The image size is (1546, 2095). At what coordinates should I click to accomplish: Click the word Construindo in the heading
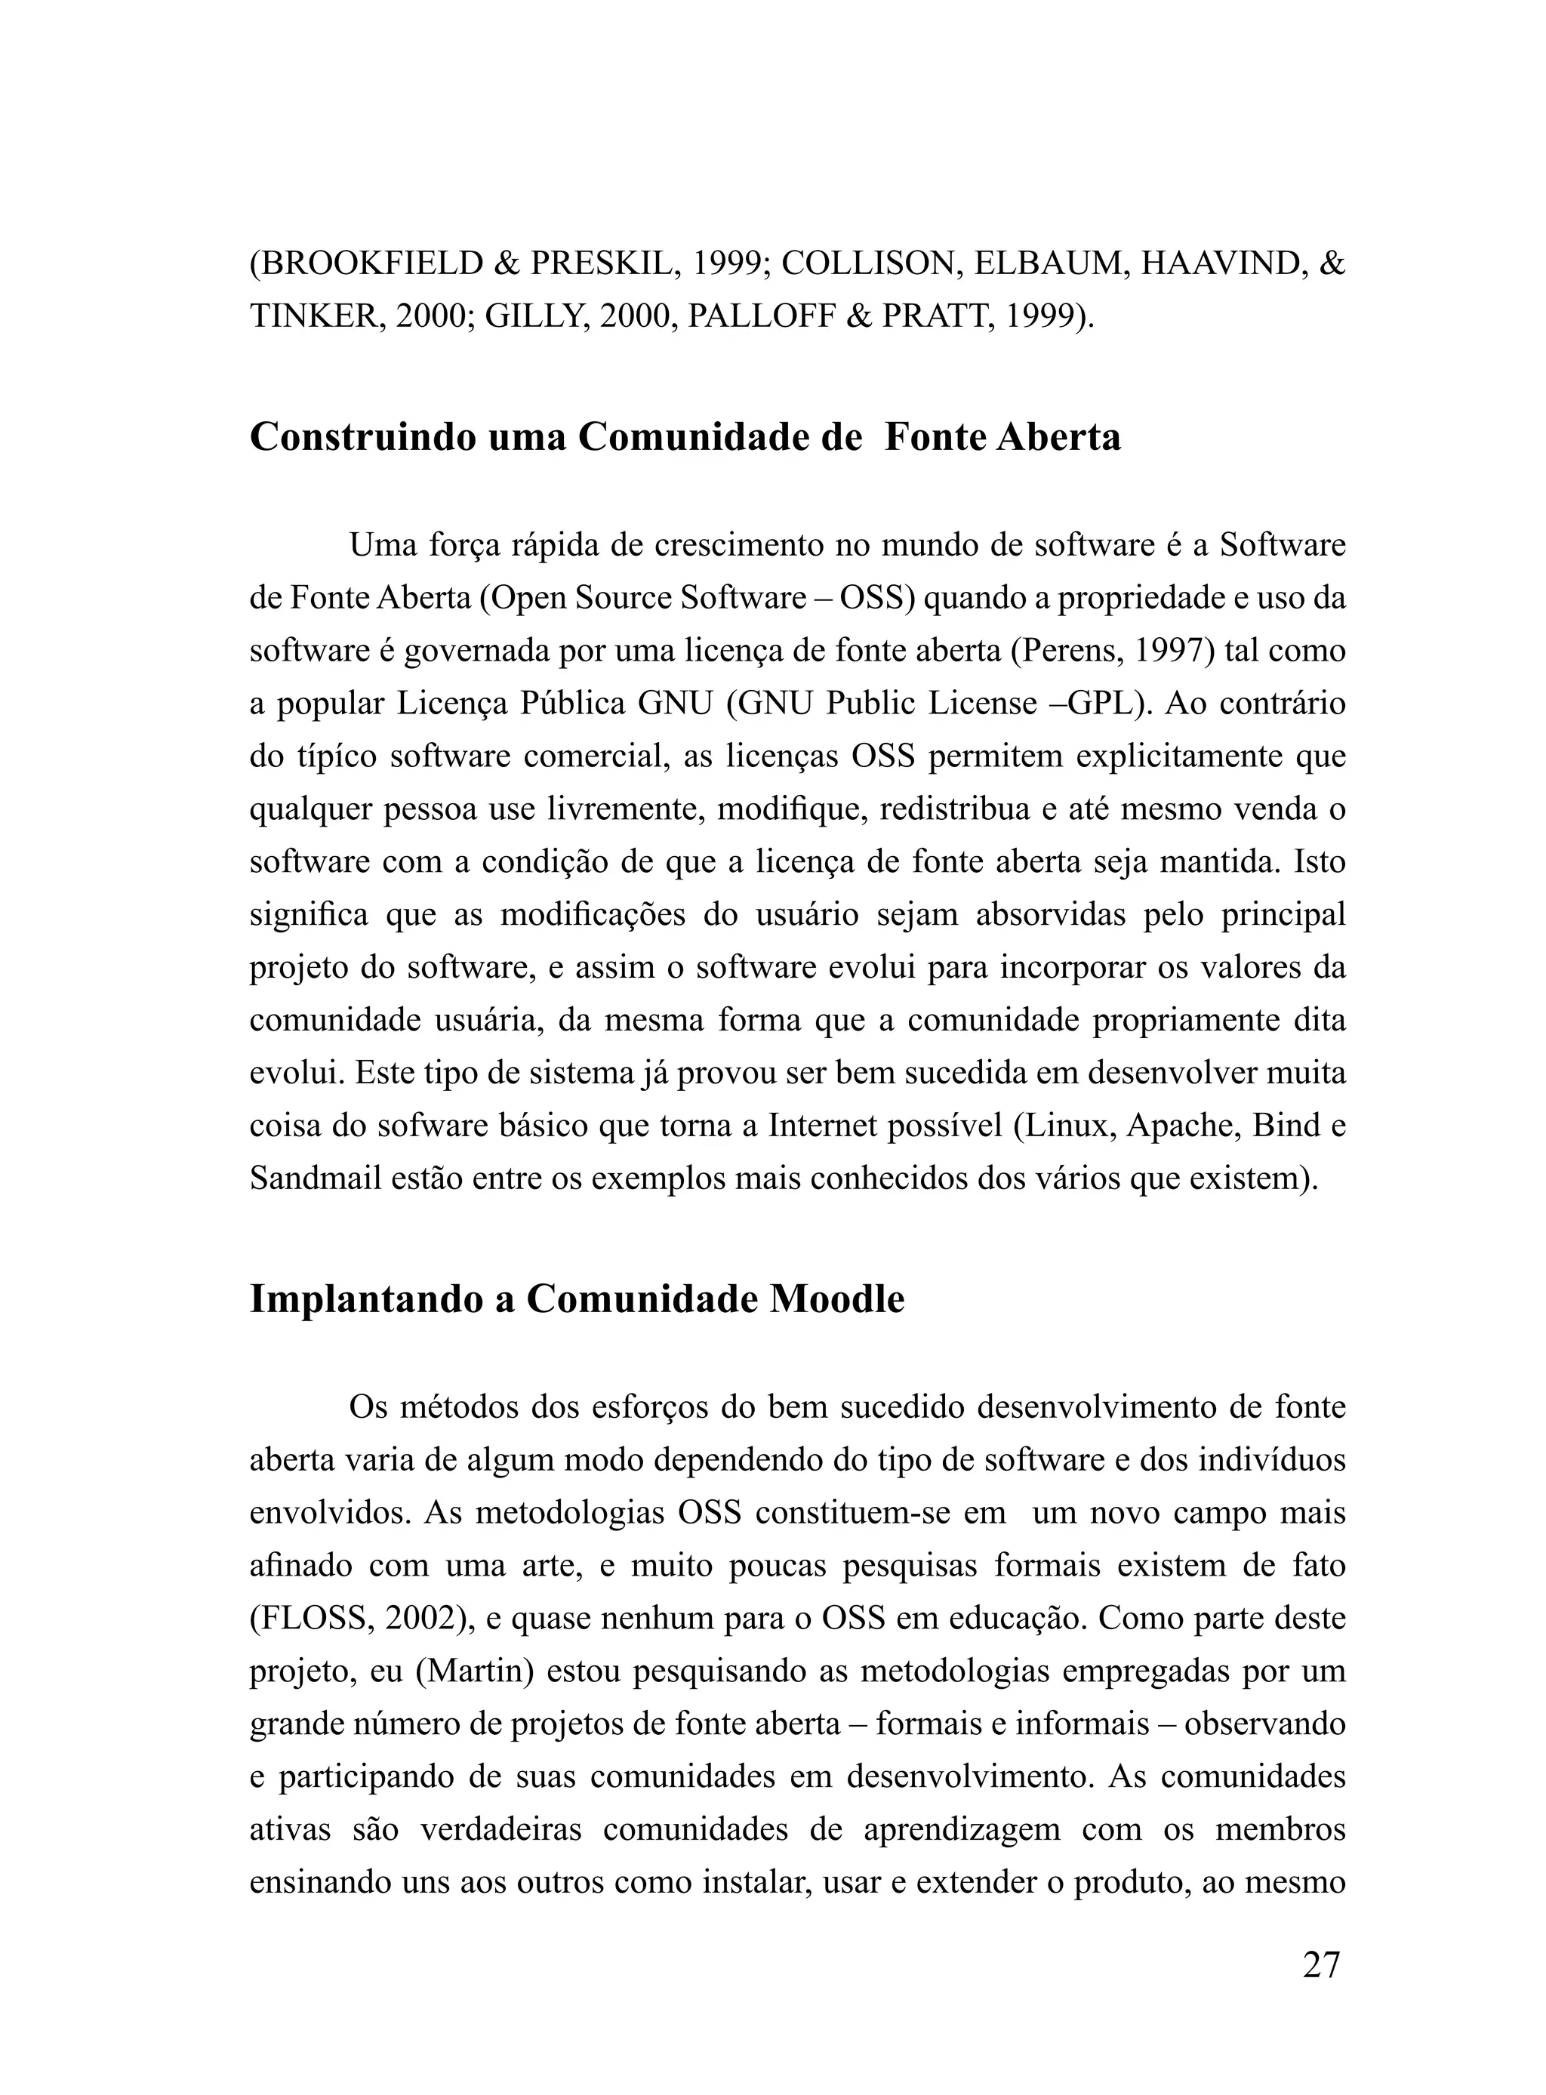click(x=363, y=438)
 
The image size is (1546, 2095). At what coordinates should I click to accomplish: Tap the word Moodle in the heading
click(x=836, y=1300)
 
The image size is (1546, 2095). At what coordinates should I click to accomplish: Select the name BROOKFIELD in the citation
click(x=368, y=264)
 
